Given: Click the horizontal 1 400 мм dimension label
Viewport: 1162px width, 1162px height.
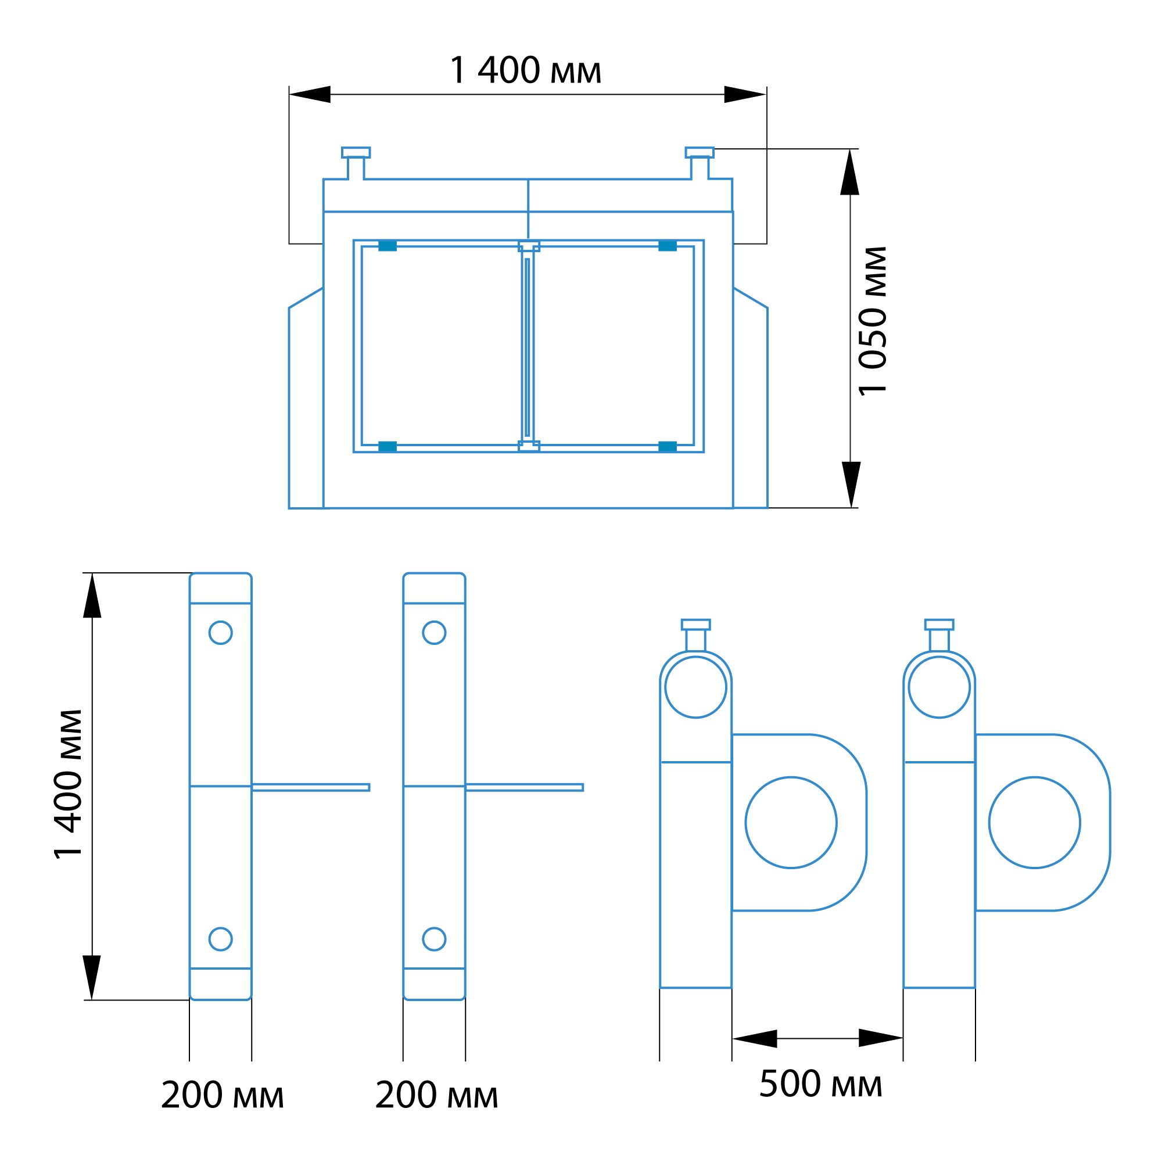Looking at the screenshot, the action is click(x=525, y=70).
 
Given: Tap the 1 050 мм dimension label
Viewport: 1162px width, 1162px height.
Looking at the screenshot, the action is click(x=873, y=321).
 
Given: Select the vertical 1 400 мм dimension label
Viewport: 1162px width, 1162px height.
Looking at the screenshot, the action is click(x=68, y=784).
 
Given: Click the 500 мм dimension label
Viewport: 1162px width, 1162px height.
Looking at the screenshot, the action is click(x=820, y=1083).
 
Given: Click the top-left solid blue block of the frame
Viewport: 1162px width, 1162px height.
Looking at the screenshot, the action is click(x=388, y=245).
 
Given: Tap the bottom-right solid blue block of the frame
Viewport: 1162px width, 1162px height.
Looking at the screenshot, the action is click(x=668, y=446).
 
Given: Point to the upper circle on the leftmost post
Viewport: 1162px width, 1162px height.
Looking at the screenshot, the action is click(x=221, y=633).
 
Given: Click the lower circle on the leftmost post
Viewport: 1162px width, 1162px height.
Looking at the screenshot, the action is click(x=221, y=939).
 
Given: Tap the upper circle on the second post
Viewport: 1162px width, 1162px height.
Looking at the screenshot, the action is click(x=434, y=633).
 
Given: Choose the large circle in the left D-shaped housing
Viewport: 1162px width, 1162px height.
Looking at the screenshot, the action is click(x=791, y=822).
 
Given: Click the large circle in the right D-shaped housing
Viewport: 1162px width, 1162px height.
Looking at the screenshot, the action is click(x=1035, y=822).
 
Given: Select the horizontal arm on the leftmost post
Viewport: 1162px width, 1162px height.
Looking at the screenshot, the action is click(x=310, y=787).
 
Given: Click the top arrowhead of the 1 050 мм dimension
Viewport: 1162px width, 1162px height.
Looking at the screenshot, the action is click(x=849, y=172).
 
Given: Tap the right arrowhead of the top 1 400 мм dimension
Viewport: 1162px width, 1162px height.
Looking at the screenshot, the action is click(x=745, y=95).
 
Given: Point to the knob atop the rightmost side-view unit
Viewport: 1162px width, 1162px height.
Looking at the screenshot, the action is click(x=939, y=635).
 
